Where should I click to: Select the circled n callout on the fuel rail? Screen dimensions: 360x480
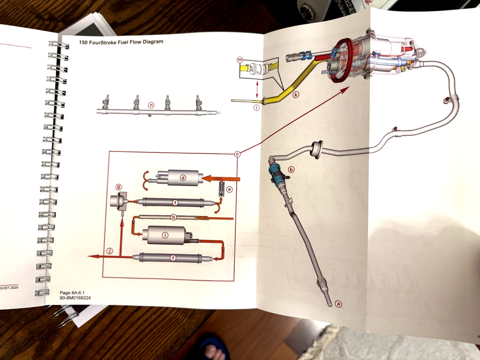(x=151, y=105)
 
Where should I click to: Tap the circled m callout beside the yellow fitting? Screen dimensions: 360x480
(x=240, y=60)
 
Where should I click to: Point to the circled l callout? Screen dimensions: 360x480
(x=256, y=107)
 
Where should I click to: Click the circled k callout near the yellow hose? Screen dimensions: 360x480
(x=296, y=95)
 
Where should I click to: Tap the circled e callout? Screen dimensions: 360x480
(x=229, y=189)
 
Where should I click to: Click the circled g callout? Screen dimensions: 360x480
(x=119, y=188)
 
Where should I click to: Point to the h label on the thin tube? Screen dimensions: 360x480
(x=173, y=217)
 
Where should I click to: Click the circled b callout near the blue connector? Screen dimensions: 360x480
(x=291, y=169)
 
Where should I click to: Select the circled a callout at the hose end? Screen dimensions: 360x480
(x=339, y=303)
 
